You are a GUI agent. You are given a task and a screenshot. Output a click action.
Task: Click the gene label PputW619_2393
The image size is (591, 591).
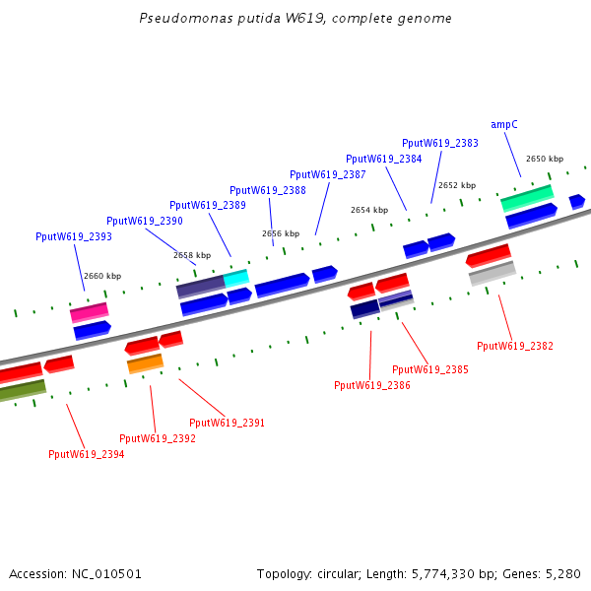(x=74, y=236)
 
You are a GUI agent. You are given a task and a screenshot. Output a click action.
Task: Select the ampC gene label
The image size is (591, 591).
(x=504, y=124)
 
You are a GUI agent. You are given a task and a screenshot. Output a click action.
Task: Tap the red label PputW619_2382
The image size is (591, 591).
(x=515, y=346)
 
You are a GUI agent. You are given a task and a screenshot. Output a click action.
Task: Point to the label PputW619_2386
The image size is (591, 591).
(x=372, y=385)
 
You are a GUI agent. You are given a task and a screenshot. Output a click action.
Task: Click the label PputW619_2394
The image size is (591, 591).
(x=87, y=454)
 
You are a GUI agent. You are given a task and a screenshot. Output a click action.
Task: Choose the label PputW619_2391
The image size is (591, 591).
(x=228, y=423)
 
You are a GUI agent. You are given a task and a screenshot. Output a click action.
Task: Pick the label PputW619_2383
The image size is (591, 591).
(x=440, y=143)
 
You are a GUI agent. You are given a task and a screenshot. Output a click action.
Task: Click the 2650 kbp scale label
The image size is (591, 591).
(x=545, y=159)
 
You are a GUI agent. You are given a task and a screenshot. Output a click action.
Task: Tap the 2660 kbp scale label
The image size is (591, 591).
(x=102, y=276)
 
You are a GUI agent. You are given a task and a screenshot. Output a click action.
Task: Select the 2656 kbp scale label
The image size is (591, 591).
(x=281, y=233)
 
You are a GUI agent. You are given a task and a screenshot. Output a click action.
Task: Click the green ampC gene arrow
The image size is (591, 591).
(x=527, y=198)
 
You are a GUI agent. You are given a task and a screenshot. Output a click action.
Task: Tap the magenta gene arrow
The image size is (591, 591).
(x=89, y=312)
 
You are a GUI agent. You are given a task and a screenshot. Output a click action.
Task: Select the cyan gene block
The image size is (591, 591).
(x=236, y=279)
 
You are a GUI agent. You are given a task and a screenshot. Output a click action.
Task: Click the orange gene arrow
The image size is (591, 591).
(x=145, y=363)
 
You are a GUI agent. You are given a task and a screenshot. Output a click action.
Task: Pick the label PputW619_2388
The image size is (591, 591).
(x=268, y=190)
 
